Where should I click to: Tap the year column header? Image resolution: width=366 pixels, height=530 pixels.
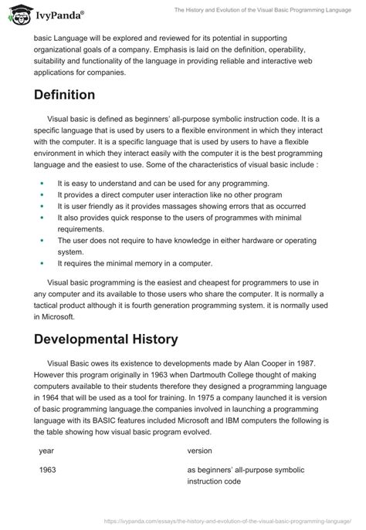coord(46,448)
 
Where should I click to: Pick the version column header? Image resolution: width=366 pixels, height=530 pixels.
coord(202,448)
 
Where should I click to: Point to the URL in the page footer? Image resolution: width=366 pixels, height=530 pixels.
coord(225,521)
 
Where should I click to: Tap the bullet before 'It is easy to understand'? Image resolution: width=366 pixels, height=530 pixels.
coord(41,184)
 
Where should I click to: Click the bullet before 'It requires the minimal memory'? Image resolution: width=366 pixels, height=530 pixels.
coord(41,264)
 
